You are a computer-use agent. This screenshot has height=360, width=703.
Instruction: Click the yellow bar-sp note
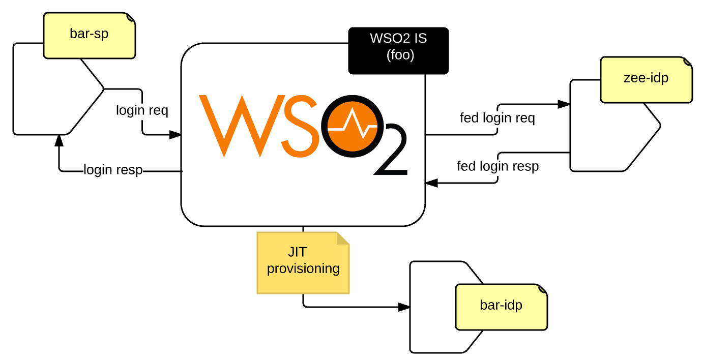coord(90,35)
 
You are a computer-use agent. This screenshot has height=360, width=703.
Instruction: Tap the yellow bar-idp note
coord(501,306)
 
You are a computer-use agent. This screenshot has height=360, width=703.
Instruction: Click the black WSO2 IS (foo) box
coord(398,50)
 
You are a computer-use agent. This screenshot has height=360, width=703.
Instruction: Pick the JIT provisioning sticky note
coord(303,262)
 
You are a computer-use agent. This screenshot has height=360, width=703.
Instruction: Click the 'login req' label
coord(142,110)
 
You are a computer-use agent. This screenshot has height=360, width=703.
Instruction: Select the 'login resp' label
coord(113,169)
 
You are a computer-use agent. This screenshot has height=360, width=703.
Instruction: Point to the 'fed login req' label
coord(497,118)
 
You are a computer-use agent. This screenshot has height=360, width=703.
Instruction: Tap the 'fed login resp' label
coord(497,166)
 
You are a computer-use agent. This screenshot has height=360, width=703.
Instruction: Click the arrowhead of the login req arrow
coord(175,135)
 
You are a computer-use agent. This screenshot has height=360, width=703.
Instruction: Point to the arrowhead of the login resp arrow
coord(60,140)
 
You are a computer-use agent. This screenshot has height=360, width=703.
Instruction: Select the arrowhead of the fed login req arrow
coord(564,104)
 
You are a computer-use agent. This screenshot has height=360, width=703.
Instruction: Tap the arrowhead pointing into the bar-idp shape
coord(404,307)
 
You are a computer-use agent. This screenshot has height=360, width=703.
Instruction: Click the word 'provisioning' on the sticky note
coord(303,268)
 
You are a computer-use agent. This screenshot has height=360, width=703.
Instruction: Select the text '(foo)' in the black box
coord(400,56)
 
